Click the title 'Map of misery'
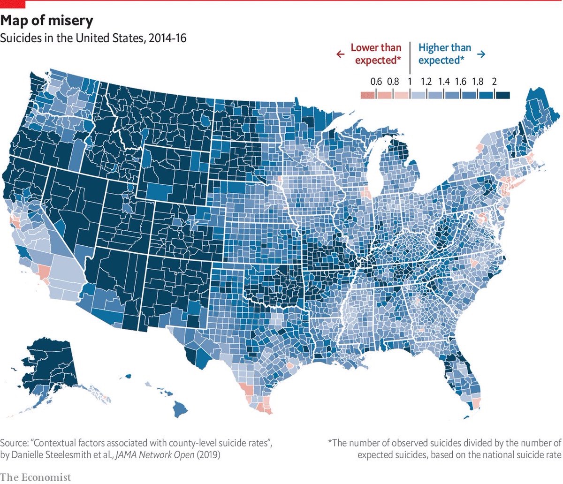click(x=46, y=21)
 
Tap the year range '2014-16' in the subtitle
click(x=167, y=38)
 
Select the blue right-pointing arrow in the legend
click(x=481, y=54)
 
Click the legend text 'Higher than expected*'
click(x=444, y=54)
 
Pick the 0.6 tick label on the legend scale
click(x=376, y=82)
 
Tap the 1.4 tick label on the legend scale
click(x=443, y=82)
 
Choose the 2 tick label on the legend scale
click(x=494, y=82)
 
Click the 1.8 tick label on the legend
click(x=477, y=82)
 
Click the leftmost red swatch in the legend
click(x=367, y=95)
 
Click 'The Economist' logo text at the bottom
click(x=36, y=477)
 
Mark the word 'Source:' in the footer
click(x=14, y=443)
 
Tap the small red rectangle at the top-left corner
click(x=13, y=4)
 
